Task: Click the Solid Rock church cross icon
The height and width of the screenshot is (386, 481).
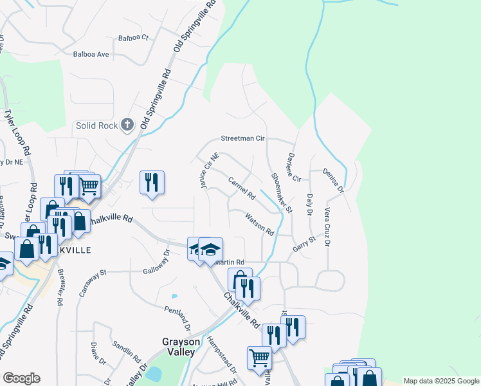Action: [x=127, y=125]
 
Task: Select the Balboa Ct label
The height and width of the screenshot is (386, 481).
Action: [x=133, y=38]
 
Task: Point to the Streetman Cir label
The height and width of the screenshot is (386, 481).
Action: [x=243, y=138]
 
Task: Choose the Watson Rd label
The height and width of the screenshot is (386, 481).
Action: [x=260, y=224]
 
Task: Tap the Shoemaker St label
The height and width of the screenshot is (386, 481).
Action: [x=282, y=192]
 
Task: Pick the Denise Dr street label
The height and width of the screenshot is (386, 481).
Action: [x=334, y=181]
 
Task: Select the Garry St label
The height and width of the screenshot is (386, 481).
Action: [x=304, y=243]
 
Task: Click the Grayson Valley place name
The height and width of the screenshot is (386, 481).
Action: [x=177, y=348]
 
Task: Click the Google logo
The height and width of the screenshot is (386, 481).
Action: [x=21, y=378]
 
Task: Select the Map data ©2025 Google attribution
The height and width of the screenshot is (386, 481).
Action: [x=440, y=380]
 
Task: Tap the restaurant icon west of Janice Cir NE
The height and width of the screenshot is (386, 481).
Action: [x=152, y=181]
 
